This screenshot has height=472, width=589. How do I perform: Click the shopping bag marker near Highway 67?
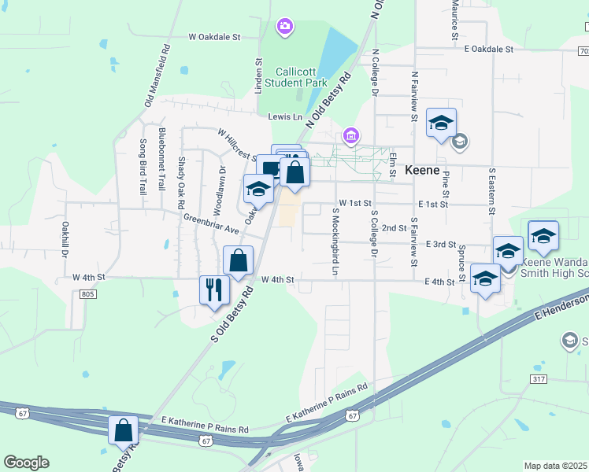click(x=123, y=430)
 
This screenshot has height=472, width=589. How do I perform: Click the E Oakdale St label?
click(x=488, y=49)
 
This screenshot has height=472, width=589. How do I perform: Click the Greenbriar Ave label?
click(x=211, y=223)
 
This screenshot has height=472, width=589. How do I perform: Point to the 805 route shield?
click(x=87, y=294)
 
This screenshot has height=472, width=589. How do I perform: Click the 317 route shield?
click(x=539, y=380)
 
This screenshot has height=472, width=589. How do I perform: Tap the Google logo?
click(x=26, y=463)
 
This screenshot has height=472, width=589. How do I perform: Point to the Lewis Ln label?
click(x=285, y=117)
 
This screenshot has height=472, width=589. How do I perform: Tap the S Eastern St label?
click(x=491, y=190)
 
